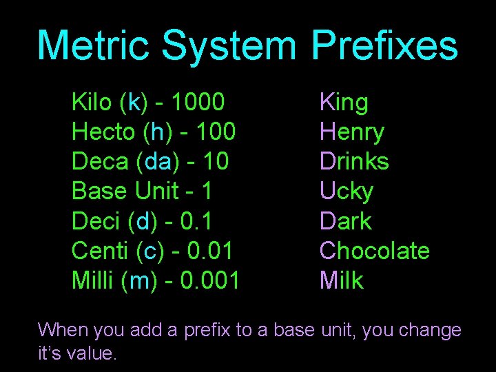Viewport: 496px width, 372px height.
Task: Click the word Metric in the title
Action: coord(93,45)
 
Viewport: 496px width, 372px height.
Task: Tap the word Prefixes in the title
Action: coord(384,45)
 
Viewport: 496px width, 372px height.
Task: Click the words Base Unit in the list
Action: coord(115,192)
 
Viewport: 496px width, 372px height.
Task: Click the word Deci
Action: coord(96,221)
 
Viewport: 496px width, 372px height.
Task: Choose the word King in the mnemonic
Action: coord(344,103)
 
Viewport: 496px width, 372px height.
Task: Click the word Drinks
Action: coord(354,162)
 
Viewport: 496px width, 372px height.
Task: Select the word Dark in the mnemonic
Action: coord(345,221)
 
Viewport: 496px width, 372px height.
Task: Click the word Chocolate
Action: coord(374,251)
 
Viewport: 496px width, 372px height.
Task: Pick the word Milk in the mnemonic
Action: coord(341,280)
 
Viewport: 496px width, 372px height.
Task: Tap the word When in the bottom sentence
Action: coord(63,331)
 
